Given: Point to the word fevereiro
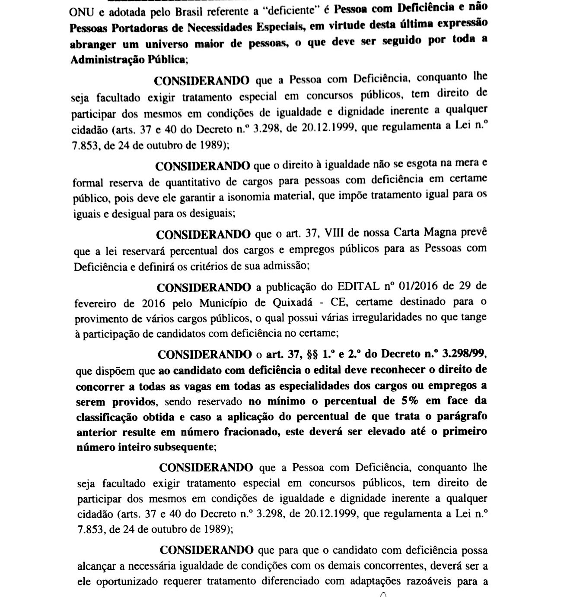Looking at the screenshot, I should tap(96, 303).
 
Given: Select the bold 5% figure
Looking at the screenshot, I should tap(407, 400).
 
